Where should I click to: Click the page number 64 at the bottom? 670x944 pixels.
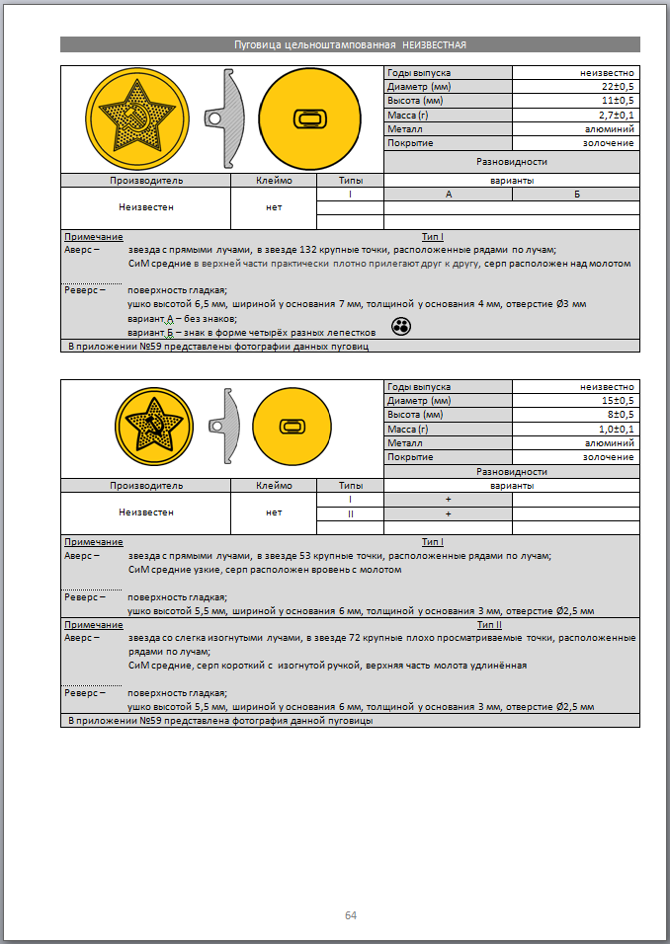click(x=351, y=915)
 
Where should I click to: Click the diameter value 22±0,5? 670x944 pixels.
click(x=614, y=87)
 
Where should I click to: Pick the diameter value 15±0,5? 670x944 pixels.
click(x=614, y=401)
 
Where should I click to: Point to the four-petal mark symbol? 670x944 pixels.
click(x=400, y=327)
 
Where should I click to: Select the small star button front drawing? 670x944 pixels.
click(x=153, y=426)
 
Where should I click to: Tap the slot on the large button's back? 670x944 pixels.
click(x=310, y=119)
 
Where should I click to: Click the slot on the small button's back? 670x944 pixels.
click(x=293, y=426)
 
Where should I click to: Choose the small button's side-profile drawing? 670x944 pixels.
click(x=224, y=426)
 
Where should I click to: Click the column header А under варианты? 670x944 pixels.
click(x=448, y=195)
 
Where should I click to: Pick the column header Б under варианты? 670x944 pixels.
click(x=576, y=195)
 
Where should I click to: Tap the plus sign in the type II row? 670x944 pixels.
click(x=448, y=513)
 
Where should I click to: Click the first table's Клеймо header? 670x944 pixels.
click(x=274, y=181)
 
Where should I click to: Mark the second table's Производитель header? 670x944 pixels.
click(x=145, y=486)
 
